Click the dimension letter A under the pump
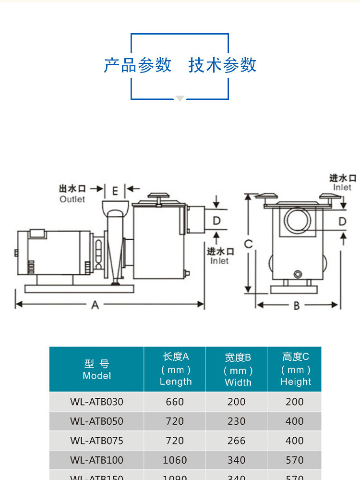[x=95, y=305]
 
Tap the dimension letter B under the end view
[x=297, y=305]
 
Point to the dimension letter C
[x=248, y=244]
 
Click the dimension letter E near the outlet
[x=115, y=191]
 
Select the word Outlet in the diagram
[x=72, y=199]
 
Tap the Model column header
[x=96, y=369]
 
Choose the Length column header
[x=175, y=369]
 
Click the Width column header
[x=238, y=370]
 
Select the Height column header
[x=296, y=369]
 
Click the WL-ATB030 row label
[x=96, y=402]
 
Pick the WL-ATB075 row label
[x=96, y=441]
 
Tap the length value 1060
[x=175, y=460]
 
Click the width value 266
[x=237, y=441]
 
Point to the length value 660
[x=175, y=402]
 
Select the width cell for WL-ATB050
[x=237, y=421]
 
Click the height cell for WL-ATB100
[x=295, y=460]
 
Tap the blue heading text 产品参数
[x=138, y=65]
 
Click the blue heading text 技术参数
[x=222, y=65]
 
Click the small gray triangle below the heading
[x=180, y=98]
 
